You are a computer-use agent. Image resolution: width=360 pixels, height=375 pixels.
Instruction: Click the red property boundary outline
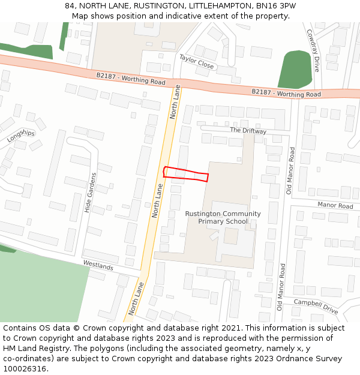click(x=186, y=173)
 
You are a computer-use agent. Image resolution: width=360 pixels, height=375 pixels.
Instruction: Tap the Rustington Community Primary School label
click(x=223, y=217)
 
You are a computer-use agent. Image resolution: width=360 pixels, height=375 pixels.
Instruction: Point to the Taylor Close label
click(x=196, y=61)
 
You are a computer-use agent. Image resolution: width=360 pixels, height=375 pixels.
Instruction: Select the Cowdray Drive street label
click(x=313, y=50)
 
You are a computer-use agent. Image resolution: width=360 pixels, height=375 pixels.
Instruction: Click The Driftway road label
click(x=248, y=130)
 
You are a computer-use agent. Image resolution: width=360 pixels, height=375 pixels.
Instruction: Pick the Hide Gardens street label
click(x=91, y=193)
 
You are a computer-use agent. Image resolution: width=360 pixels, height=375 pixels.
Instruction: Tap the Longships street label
click(x=21, y=136)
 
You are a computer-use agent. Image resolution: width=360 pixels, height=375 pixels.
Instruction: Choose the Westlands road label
click(x=98, y=265)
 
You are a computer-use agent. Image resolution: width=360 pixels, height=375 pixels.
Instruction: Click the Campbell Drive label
click(x=316, y=307)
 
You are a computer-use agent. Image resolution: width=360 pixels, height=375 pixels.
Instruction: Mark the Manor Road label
click(x=335, y=206)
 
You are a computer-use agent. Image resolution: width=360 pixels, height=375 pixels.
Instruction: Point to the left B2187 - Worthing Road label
click(x=130, y=79)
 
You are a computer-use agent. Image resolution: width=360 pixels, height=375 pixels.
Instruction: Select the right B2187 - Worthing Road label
click(x=286, y=93)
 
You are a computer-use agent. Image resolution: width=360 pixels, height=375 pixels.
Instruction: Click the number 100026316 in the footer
click(x=25, y=369)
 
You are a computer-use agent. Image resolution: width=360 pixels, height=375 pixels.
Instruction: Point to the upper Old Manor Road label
click(x=290, y=170)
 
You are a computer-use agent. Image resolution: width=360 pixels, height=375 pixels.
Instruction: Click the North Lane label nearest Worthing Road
click(x=175, y=101)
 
